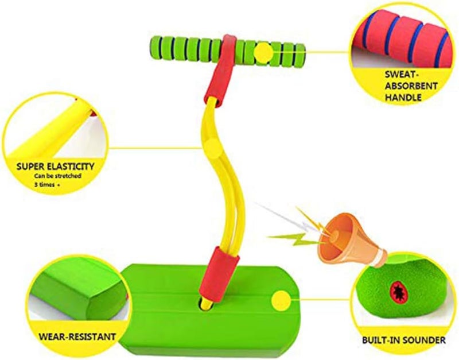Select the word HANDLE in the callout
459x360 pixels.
click(403, 97)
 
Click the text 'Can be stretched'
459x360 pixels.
click(58, 176)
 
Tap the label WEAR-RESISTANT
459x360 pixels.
click(77, 336)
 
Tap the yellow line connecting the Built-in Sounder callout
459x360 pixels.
click(321, 300)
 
